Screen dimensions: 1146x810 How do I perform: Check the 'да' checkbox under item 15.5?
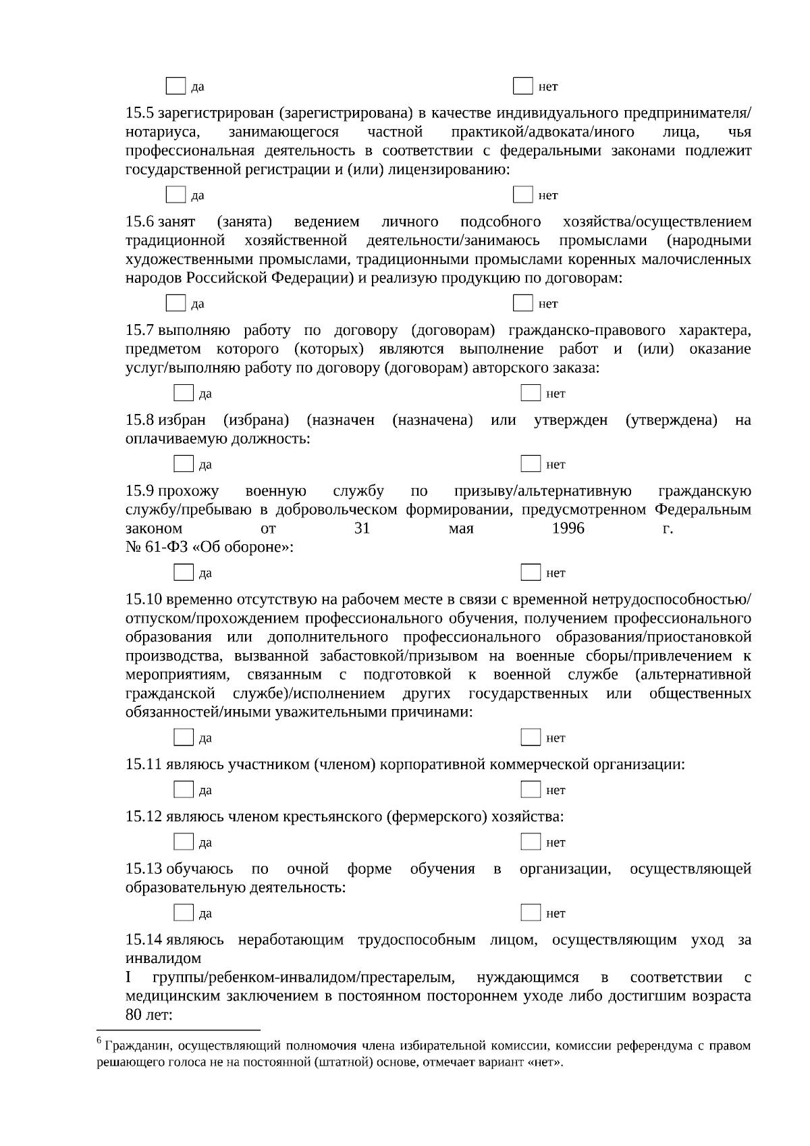(175, 194)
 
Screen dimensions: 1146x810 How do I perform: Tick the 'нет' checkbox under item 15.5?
(522, 194)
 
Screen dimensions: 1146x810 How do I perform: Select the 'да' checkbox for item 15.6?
(175, 303)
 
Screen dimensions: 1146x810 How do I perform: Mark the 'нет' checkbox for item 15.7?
(531, 393)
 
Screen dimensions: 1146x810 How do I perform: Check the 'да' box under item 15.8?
(184, 464)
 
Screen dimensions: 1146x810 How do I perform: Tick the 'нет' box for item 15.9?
(531, 573)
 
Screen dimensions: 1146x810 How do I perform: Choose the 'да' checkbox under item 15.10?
(184, 737)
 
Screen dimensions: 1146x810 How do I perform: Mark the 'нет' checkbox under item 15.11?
(531, 789)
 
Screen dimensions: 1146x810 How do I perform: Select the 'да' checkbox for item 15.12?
(184, 842)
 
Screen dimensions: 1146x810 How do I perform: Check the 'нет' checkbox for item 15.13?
(531, 913)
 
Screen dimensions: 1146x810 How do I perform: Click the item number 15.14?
(143, 939)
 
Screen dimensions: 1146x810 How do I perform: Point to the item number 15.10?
(143, 599)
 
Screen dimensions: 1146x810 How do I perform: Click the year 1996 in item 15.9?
(568, 528)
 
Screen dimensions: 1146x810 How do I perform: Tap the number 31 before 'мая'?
(362, 528)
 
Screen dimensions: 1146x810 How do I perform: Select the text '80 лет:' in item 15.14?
(149, 1015)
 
